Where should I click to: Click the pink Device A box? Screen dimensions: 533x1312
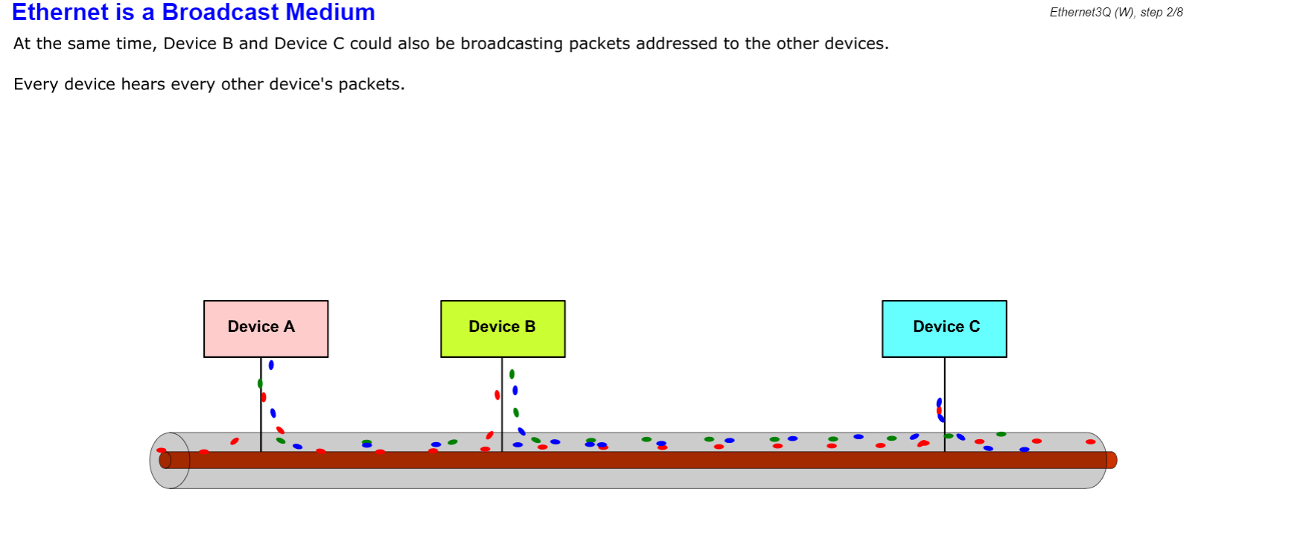point(266,328)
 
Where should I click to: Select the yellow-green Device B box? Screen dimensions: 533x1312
point(503,328)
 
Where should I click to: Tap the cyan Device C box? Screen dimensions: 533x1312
point(944,328)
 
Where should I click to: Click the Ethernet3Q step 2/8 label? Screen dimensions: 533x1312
point(1115,13)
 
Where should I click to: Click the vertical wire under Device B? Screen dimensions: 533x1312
point(502,417)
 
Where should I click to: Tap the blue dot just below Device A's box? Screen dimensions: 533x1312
point(271,366)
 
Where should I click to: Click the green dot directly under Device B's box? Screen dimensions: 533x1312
point(512,374)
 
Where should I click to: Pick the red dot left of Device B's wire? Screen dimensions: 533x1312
point(497,395)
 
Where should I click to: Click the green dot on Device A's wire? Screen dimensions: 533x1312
point(260,383)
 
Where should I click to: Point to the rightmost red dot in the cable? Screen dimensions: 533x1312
point(1090,441)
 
